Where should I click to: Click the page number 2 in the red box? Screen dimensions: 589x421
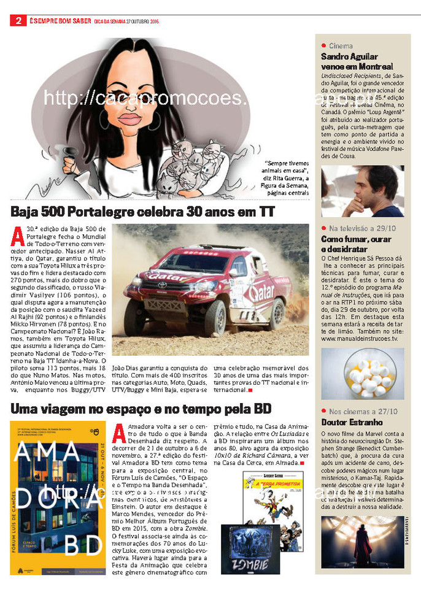coord(18,21)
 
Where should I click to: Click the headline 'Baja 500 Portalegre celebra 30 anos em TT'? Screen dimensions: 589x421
coord(143,212)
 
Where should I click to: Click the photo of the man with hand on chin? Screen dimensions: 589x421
coord(363,191)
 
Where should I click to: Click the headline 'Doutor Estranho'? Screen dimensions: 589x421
coord(352,422)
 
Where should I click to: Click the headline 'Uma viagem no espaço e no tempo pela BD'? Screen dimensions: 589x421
coord(142,409)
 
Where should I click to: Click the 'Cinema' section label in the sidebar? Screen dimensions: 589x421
coord(341,46)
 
